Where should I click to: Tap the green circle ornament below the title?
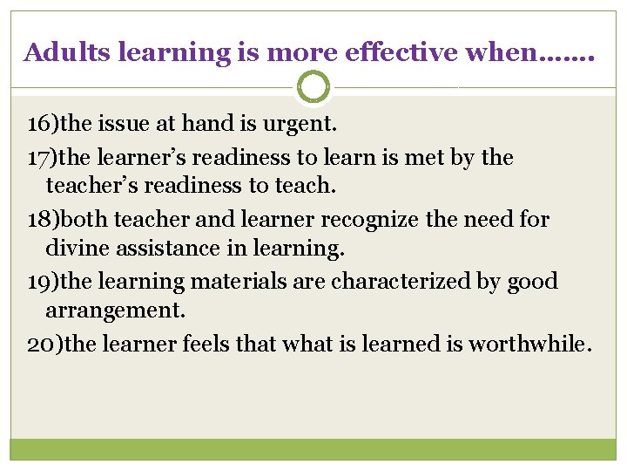pos(313,87)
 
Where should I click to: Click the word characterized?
pos(391,282)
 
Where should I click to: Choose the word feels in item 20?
pos(207,344)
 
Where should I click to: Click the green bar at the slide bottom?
pos(313,449)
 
